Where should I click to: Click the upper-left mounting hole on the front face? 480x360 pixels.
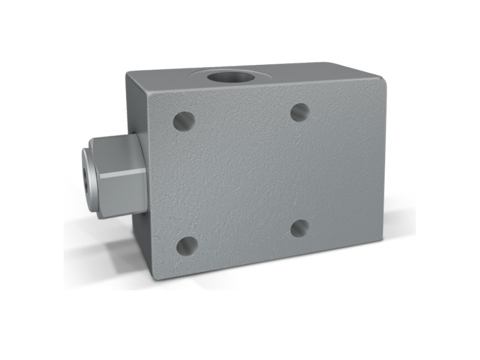pos(184,121)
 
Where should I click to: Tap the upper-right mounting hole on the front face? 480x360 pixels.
pos(299,112)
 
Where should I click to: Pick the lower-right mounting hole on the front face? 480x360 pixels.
pos(299,227)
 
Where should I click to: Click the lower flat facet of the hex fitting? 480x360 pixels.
pos(120,192)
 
